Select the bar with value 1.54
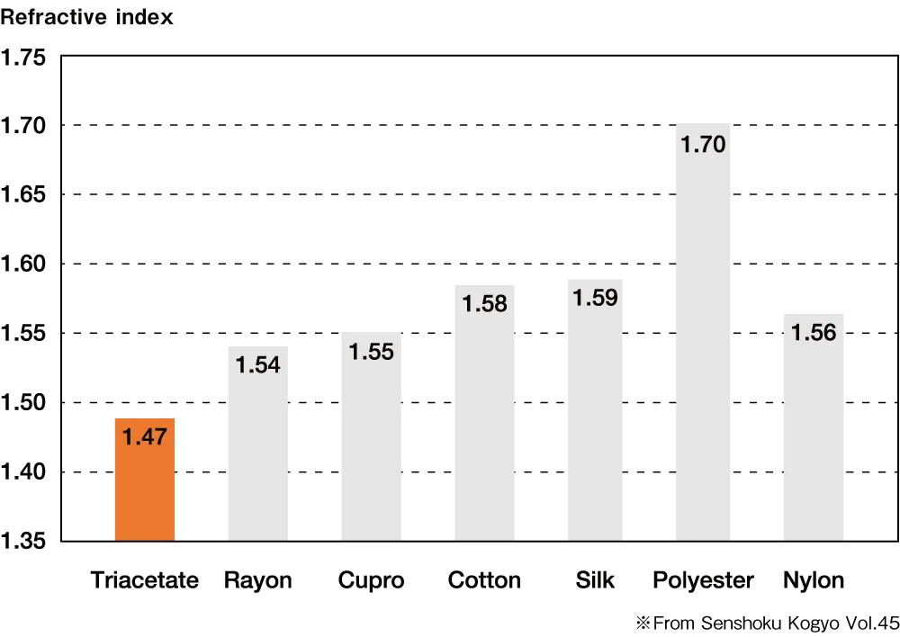coord(256,450)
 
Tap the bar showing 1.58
coord(485,423)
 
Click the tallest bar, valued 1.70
coord(702,342)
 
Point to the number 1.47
coord(144,437)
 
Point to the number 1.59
coord(595,297)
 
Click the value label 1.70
coord(703,144)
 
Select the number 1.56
coord(814,332)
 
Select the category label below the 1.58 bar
coord(485,579)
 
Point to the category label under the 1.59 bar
coord(594,579)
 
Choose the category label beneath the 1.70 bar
coord(703,579)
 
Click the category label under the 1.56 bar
coord(814,579)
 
